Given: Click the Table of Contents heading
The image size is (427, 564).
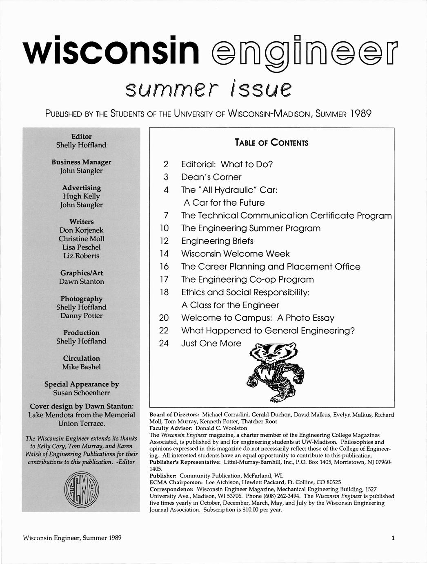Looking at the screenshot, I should point(271,143).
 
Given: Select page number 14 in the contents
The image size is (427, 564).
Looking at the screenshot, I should point(164,254).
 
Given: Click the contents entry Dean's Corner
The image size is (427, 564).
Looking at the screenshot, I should point(211,177).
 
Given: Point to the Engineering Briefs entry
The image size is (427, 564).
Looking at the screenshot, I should point(217,241).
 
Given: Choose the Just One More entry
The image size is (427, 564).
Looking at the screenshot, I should point(211,344).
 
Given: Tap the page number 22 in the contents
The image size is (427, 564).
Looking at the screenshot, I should point(164,330).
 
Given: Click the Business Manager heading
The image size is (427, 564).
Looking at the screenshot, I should point(81,162).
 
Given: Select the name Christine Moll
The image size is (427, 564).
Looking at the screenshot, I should point(81,239).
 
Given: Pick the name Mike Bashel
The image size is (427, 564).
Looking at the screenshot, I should point(81,367).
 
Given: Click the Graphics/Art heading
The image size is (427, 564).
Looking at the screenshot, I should point(81,273).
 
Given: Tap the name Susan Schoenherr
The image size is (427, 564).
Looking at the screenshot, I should point(81,393).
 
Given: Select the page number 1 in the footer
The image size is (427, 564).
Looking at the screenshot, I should point(393,538).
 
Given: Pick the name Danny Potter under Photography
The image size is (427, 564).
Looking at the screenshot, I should point(81,316).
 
